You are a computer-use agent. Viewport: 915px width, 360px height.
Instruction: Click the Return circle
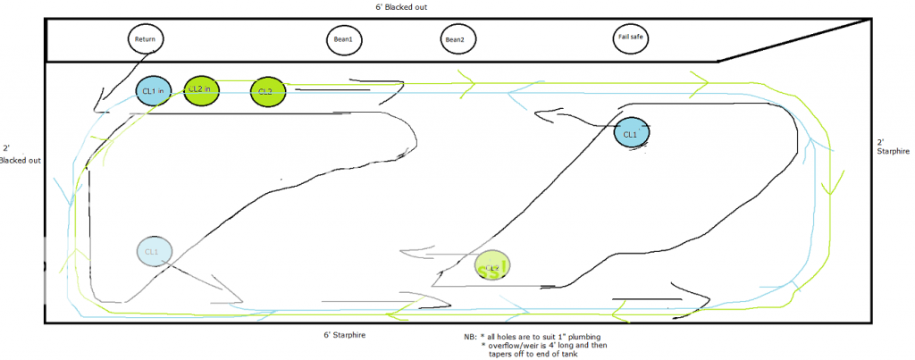coord(145,38)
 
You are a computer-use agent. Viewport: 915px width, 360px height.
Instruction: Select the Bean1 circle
coord(343,39)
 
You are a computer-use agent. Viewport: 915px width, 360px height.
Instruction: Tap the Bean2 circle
coord(455,39)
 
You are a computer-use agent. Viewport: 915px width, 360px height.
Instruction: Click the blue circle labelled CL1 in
coord(151,90)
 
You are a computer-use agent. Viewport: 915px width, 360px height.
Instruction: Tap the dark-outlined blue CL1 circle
coord(631,134)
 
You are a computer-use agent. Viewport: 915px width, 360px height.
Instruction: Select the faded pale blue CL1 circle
coord(153,251)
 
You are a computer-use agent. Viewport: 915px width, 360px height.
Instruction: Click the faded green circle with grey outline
coord(491,265)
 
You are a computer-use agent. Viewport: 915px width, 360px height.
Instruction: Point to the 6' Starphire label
coord(344,335)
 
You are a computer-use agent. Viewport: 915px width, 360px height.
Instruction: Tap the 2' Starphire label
coord(891,147)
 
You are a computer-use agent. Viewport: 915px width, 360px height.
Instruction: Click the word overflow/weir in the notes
coord(512,345)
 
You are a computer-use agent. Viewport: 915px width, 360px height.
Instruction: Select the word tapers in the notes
coord(500,354)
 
